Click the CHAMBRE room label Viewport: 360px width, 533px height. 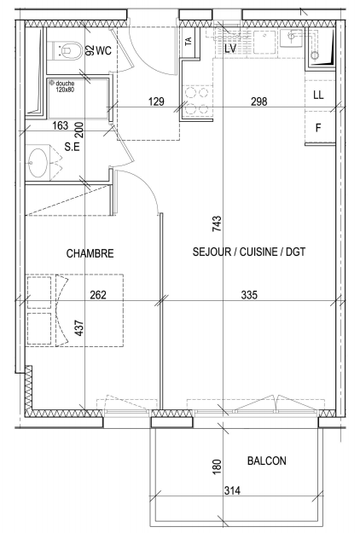click(x=90, y=253)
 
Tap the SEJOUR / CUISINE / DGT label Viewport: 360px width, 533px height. click(x=249, y=252)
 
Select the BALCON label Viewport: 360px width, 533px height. click(x=267, y=461)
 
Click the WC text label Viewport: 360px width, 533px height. click(x=103, y=51)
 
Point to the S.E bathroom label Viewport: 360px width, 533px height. click(x=72, y=147)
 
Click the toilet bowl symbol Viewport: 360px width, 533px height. click(x=67, y=50)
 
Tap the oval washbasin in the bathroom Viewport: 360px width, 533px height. click(x=38, y=163)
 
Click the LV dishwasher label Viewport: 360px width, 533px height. click(x=230, y=49)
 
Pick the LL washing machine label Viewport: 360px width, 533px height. click(x=318, y=96)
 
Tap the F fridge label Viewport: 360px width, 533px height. click(x=318, y=128)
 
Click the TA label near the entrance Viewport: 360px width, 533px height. click(x=188, y=41)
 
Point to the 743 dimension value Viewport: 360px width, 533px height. click(x=217, y=224)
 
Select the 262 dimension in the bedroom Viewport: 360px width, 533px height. click(x=98, y=295)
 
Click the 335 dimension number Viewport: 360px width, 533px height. click(x=249, y=295)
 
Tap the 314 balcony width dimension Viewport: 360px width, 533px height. click(x=232, y=490)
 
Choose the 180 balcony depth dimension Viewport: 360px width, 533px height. click(x=217, y=466)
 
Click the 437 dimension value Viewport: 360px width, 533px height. click(x=78, y=328)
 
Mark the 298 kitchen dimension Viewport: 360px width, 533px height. click(x=259, y=101)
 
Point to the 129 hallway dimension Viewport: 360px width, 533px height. click(x=156, y=101)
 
